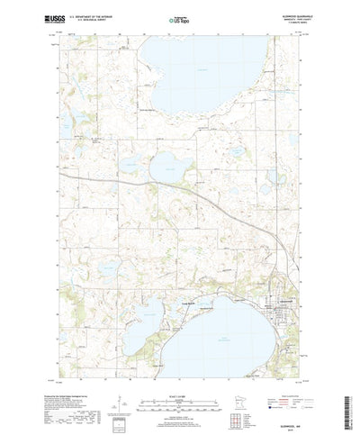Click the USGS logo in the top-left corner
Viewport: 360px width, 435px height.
tap(31, 17)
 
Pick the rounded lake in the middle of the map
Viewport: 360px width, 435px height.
tap(167, 166)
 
